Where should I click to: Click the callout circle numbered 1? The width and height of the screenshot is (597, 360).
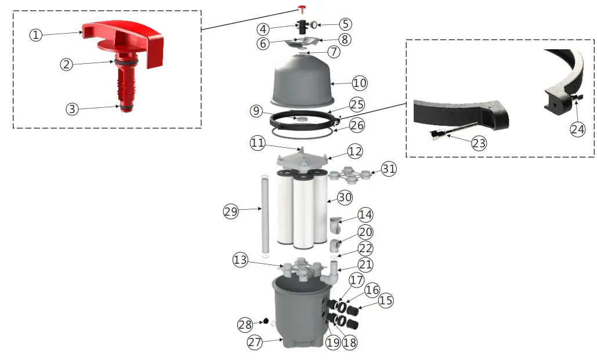tap(37, 35)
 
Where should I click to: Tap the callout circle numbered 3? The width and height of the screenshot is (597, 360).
tap(71, 108)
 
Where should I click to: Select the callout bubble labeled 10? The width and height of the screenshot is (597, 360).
tap(360, 83)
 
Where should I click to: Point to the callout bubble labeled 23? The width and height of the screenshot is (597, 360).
tap(477, 143)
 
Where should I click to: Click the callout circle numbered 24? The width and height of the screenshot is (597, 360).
tap(577, 129)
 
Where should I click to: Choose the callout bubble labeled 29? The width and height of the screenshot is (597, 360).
tap(231, 212)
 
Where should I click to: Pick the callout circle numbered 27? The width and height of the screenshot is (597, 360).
tap(255, 342)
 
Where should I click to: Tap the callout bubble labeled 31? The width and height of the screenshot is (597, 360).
tap(389, 169)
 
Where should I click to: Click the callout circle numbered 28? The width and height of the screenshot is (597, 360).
tap(245, 323)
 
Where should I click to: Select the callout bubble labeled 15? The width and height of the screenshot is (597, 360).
tap(386, 301)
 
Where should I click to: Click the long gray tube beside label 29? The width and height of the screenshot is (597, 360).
tap(265, 214)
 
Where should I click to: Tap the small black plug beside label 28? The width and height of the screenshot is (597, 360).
tap(265, 321)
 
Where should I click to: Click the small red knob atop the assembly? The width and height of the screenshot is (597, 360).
tap(301, 8)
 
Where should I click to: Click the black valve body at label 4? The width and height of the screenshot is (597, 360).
tap(302, 27)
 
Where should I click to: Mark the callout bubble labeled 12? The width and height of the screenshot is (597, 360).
tap(354, 151)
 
